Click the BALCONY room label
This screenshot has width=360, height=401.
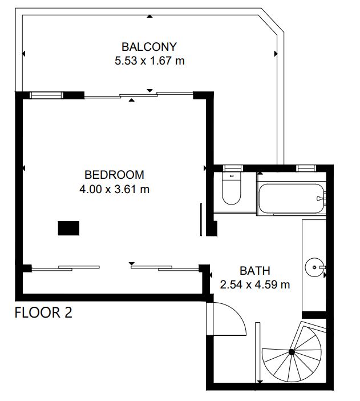(x=149, y=47)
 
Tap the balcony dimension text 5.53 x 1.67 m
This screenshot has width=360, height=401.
(x=149, y=61)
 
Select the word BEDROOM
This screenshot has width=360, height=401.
(x=114, y=175)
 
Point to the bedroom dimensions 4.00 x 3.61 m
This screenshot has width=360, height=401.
(x=114, y=189)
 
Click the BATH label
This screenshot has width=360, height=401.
(x=255, y=271)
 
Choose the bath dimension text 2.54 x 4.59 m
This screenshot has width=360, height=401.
(x=255, y=284)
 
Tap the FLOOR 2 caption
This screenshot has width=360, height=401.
(x=43, y=312)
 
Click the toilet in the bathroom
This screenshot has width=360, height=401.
(x=232, y=188)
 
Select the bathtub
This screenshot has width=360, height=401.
(x=292, y=198)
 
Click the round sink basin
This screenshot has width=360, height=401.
(x=314, y=267)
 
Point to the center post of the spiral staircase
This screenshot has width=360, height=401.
(x=292, y=352)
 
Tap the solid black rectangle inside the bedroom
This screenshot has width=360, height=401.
(x=68, y=228)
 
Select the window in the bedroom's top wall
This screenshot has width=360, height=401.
(x=46, y=95)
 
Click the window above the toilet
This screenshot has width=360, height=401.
(x=233, y=169)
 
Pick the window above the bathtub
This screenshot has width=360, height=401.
(x=306, y=169)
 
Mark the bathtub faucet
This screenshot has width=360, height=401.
(x=321, y=198)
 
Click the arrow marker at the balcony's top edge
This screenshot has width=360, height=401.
(x=149, y=17)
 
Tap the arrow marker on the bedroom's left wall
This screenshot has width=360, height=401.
(x=24, y=168)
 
